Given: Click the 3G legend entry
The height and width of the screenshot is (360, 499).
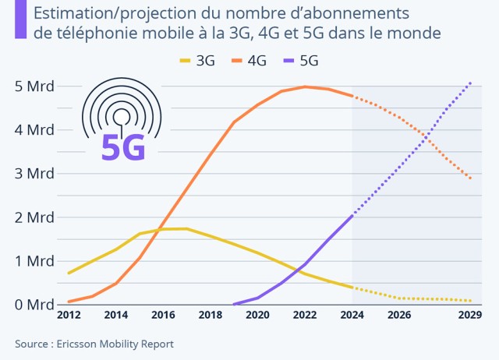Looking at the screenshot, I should click(x=197, y=60).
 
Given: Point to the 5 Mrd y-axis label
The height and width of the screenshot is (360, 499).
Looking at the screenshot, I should click(x=28, y=86).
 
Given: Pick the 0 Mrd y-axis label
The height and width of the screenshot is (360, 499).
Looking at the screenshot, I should click(x=28, y=304).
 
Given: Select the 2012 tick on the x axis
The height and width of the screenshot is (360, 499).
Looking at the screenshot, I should click(x=69, y=316).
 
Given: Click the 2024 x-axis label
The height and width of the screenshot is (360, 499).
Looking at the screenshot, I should click(x=352, y=316).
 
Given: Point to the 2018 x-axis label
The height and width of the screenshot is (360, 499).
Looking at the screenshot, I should click(x=211, y=316).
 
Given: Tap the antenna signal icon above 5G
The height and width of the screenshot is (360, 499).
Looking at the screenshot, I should click(x=122, y=109).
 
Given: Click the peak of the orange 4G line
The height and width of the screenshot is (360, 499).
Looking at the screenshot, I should click(x=306, y=86).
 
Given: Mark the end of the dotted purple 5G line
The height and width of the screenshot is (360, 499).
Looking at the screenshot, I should click(x=470, y=82).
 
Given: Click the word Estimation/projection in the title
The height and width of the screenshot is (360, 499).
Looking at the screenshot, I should click(x=99, y=13).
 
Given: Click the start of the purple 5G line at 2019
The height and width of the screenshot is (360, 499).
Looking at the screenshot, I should click(x=234, y=304).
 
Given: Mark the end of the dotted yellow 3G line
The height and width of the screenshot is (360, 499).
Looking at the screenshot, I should click(x=470, y=301).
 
